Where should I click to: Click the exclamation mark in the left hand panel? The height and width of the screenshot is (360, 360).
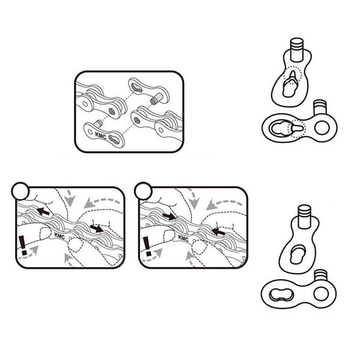pyautogui.click(x=22, y=247)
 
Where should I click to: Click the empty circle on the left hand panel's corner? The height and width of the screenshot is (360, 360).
pyautogui.click(x=20, y=191)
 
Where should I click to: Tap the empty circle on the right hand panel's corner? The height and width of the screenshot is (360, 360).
pyautogui.click(x=143, y=191)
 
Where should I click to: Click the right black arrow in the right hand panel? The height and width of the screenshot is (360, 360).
pyautogui.click(x=217, y=229)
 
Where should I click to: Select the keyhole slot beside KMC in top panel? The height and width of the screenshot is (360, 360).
pyautogui.click(x=116, y=139)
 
